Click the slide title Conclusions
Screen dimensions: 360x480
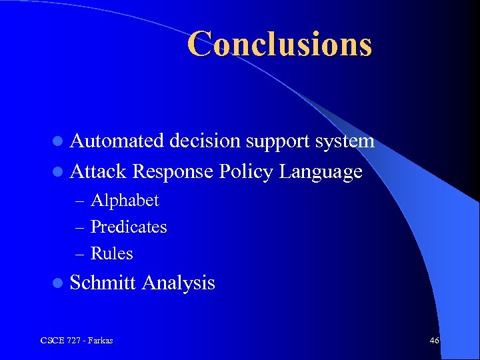coord(279,44)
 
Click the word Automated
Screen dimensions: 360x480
coord(117,141)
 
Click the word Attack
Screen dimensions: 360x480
coord(98,172)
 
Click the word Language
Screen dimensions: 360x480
coord(321,173)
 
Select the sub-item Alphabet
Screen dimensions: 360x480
coord(125,200)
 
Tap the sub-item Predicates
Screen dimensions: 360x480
coord(129,227)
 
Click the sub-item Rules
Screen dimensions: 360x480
coord(112,253)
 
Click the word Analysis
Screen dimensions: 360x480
coord(178,283)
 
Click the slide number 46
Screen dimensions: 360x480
coord(434,341)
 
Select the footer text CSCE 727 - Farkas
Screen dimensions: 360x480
coord(77,341)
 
